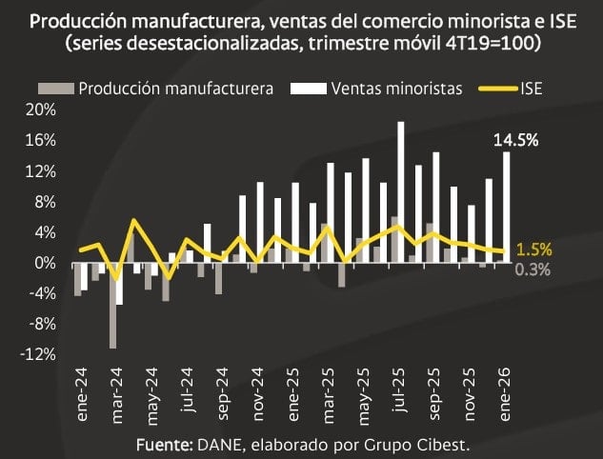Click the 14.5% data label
[516, 139]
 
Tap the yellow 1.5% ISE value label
[533, 249]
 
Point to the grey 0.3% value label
[533, 269]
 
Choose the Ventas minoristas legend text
[397, 89]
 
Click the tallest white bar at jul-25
[401, 191]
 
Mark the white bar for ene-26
[507, 207]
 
